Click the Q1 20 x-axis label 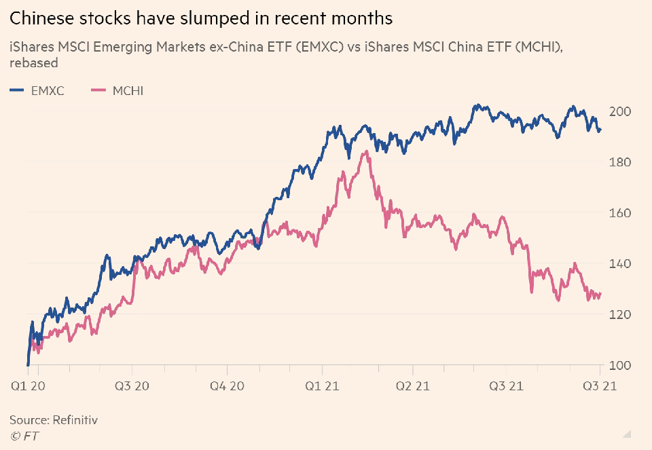click(29, 386)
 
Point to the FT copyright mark click(24, 436)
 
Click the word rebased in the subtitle click(34, 63)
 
